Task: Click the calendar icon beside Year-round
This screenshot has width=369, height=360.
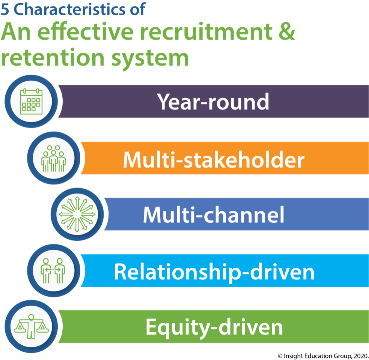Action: click(31, 101)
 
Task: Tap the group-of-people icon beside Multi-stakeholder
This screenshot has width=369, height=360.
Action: click(54, 158)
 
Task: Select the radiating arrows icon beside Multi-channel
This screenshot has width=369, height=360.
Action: click(77, 214)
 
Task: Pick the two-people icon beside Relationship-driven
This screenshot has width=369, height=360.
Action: click(53, 271)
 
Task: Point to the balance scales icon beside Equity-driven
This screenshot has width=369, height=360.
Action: click(31, 326)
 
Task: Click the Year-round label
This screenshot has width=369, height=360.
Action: click(213, 102)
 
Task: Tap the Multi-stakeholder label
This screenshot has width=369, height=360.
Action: click(214, 159)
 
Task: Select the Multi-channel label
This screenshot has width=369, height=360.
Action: click(214, 214)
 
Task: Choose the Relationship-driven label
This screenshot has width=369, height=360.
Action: click(214, 272)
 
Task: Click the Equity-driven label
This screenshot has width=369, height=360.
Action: click(214, 327)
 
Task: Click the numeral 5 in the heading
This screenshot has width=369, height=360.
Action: click(5, 9)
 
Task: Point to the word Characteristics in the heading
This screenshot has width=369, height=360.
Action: click(70, 9)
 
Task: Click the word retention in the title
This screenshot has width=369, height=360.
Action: click(53, 58)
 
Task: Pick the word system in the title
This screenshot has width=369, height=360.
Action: click(150, 60)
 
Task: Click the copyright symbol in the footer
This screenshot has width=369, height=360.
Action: click(280, 356)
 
